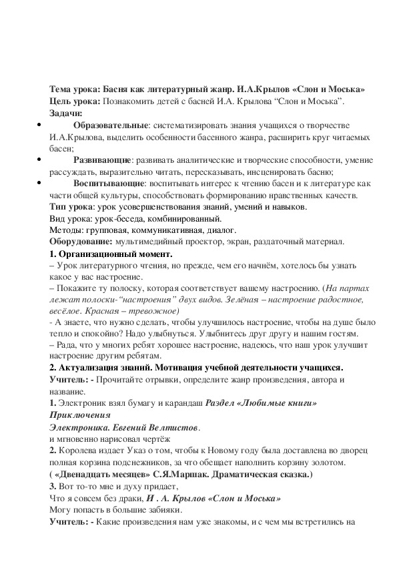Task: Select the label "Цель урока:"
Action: pos(74,101)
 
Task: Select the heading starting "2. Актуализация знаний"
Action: pos(197,368)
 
